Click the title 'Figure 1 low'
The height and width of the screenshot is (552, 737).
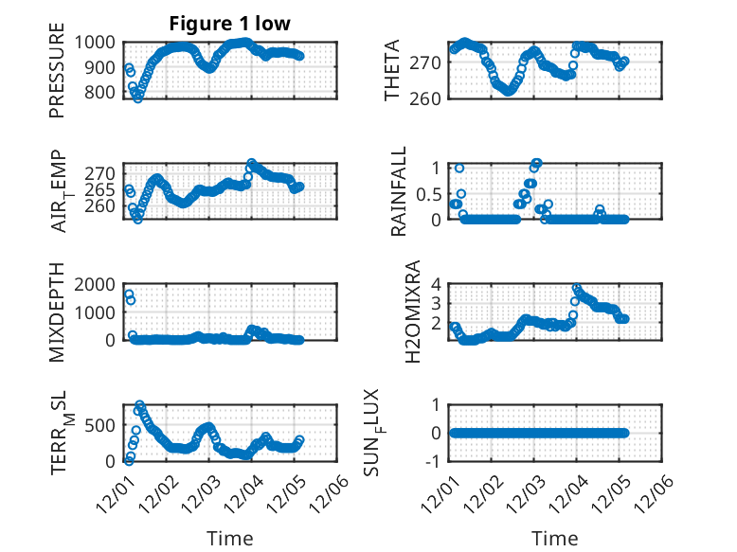click(230, 23)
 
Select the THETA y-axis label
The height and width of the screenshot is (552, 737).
click(391, 70)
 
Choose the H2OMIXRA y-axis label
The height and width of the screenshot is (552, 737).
click(413, 312)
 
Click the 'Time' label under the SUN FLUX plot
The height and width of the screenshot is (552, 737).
click(554, 539)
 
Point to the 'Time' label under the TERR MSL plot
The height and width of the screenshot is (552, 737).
click(230, 539)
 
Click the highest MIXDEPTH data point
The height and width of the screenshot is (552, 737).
click(129, 294)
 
